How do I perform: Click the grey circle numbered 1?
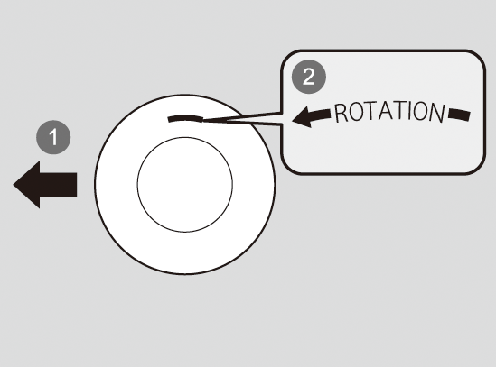click(53, 137)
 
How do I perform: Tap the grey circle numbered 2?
click(309, 77)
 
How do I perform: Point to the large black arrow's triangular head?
click(26, 185)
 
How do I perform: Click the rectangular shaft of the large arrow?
click(58, 185)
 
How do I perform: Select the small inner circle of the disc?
click(185, 185)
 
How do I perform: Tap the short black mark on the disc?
click(185, 118)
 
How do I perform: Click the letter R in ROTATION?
click(341, 114)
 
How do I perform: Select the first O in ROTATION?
click(355, 112)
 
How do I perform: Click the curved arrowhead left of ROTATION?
click(303, 117)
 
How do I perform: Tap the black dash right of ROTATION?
click(459, 115)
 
